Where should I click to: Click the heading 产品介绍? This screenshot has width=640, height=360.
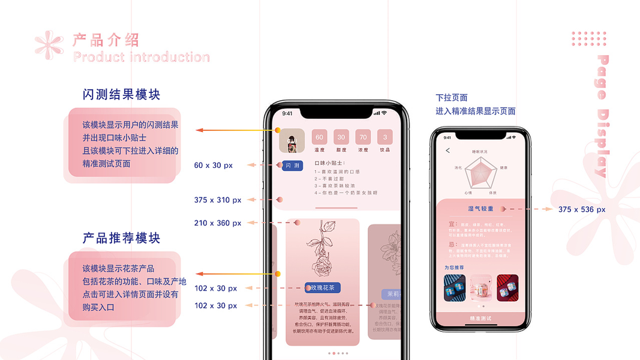(x=106, y=40)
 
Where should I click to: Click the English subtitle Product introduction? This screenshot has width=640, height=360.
(x=142, y=58)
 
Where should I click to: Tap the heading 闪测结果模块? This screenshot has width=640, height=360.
(x=122, y=95)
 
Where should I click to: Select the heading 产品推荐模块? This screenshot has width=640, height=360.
(x=122, y=238)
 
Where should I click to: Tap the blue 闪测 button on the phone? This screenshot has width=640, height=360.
(x=292, y=166)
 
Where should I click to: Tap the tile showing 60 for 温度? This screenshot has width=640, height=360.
(x=319, y=137)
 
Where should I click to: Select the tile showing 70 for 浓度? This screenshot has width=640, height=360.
(x=363, y=137)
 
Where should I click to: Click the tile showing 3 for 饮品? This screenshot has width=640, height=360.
(x=384, y=137)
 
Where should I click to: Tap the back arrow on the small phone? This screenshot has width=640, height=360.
(x=447, y=151)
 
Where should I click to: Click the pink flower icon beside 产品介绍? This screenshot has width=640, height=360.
(x=49, y=46)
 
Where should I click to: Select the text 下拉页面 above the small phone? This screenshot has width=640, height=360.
(x=452, y=98)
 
